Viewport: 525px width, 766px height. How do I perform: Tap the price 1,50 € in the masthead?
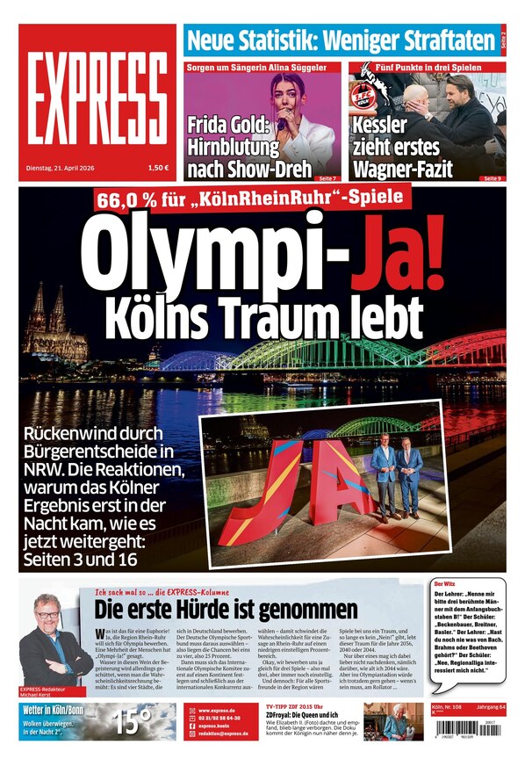click(158, 167)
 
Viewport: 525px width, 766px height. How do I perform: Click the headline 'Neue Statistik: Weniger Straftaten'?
click(342, 40)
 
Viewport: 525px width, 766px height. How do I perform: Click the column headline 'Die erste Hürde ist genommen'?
click(226, 609)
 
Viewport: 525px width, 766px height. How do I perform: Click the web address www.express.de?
click(216, 711)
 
